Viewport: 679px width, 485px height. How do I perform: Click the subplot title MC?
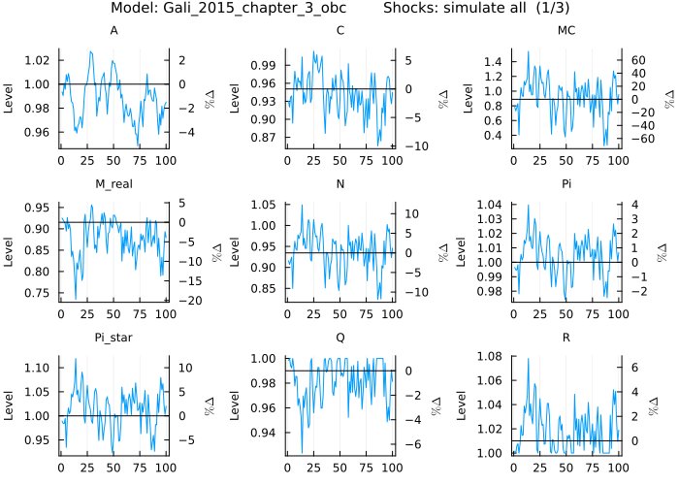click(566, 31)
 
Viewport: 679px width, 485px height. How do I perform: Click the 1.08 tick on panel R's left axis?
click(493, 358)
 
